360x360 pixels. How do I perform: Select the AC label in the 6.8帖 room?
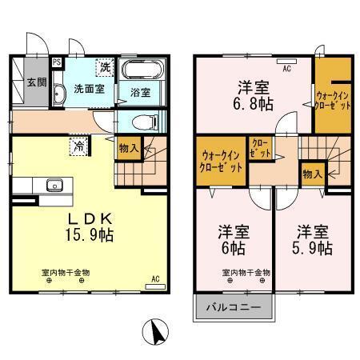pyautogui.click(x=286, y=68)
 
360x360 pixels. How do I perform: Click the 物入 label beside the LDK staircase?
pyautogui.click(x=128, y=147)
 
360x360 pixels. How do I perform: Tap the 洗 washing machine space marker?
pyautogui.click(x=105, y=66)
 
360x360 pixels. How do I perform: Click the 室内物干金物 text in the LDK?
pyautogui.click(x=66, y=272)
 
